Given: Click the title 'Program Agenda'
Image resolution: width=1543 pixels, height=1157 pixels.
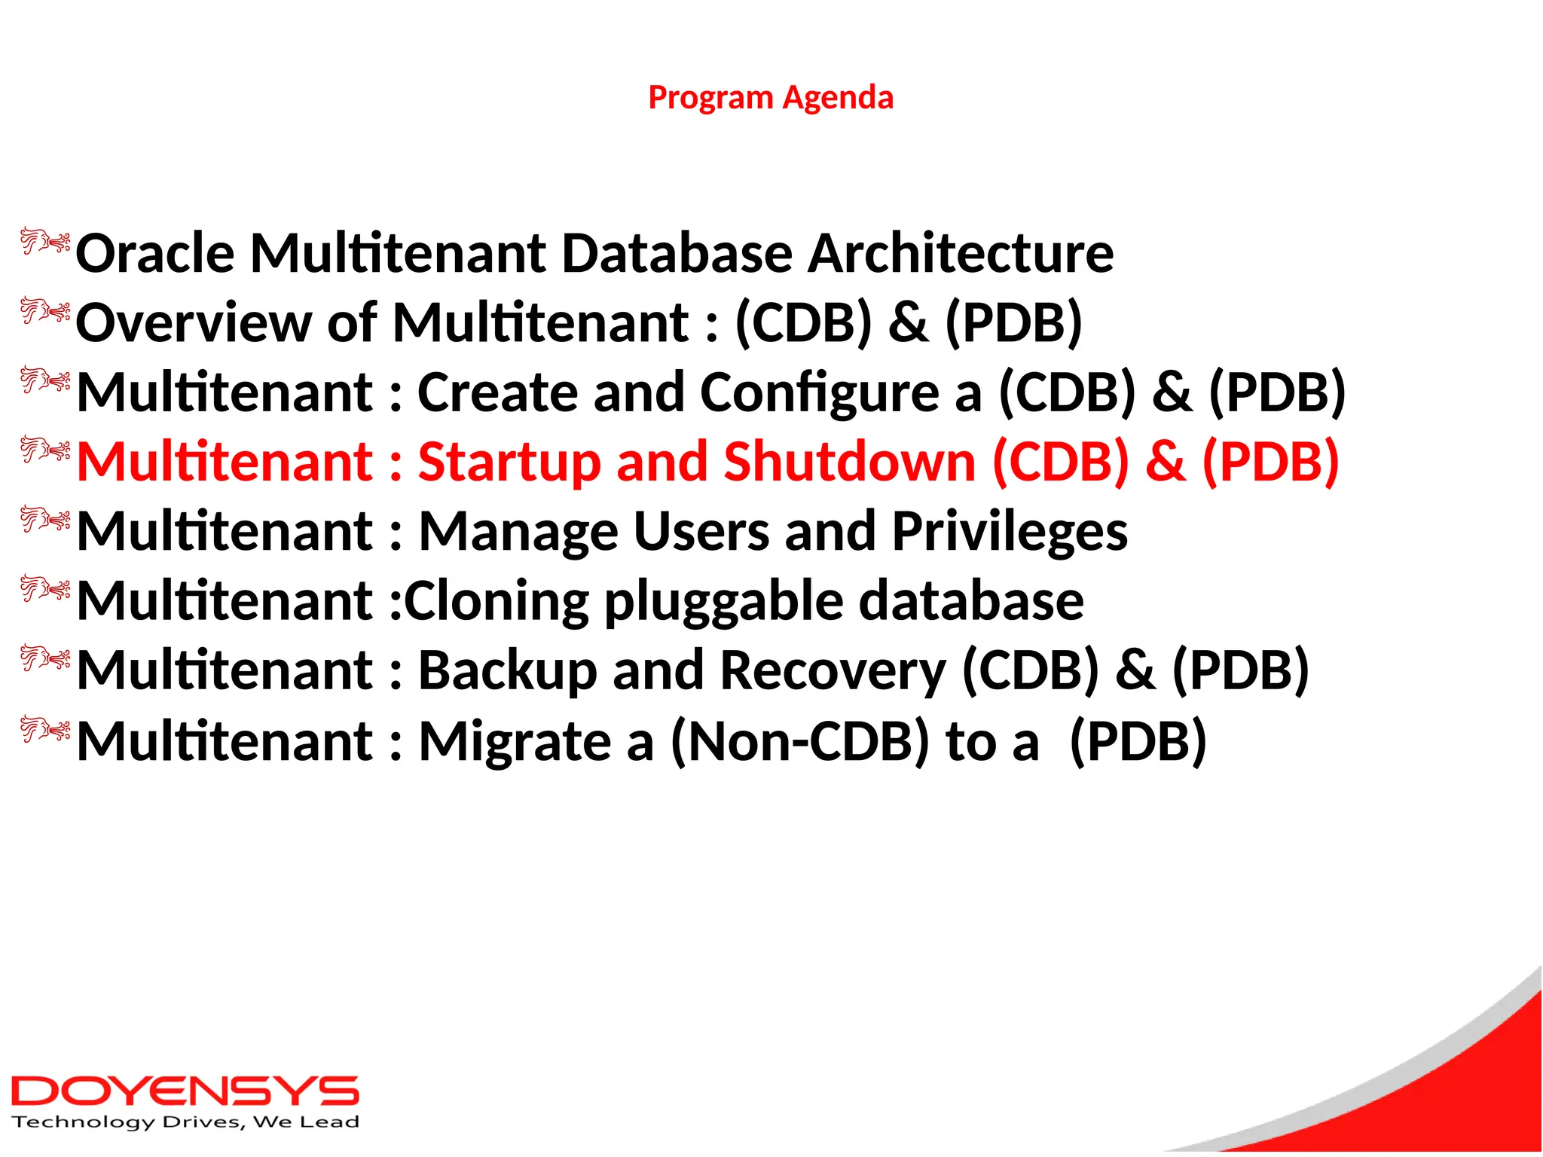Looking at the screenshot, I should coord(771,98).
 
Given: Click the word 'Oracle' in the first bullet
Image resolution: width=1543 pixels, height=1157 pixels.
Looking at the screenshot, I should coord(154,253).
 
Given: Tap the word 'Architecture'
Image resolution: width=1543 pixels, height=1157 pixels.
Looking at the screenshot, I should coord(961,253).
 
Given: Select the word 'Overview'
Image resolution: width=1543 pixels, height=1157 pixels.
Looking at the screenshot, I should coord(194,322).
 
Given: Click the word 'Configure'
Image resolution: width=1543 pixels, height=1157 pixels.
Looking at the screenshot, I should coord(819,393).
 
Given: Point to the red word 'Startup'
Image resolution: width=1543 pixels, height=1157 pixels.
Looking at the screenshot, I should coord(509,462).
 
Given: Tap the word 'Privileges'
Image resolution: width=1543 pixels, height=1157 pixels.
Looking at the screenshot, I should coord(1010,532).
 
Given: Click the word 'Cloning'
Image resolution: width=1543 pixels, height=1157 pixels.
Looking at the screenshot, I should coord(497,601).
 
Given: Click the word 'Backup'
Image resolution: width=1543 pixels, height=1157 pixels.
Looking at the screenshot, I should coord(507,670).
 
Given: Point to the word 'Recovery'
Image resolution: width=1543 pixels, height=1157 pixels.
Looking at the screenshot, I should coord(833,670).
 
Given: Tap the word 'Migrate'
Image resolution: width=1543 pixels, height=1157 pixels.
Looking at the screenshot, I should coord(515,742).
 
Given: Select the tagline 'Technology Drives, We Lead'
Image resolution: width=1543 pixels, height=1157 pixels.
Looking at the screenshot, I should coord(185,1122).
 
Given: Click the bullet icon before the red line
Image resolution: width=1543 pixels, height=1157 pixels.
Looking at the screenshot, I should coord(45,450).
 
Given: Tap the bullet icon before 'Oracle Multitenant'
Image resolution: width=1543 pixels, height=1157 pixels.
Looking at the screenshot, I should coord(45,242).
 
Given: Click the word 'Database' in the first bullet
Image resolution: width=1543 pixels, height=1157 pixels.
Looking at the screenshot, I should coord(677,253).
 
